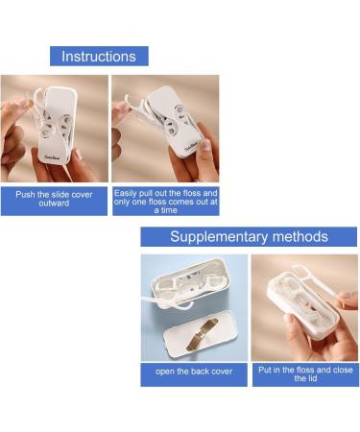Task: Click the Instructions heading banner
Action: [x=99, y=56]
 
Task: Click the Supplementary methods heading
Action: [x=249, y=237]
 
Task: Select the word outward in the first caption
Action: [x=54, y=204]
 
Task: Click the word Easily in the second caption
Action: [x=129, y=192]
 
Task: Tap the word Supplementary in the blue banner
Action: [x=218, y=237]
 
